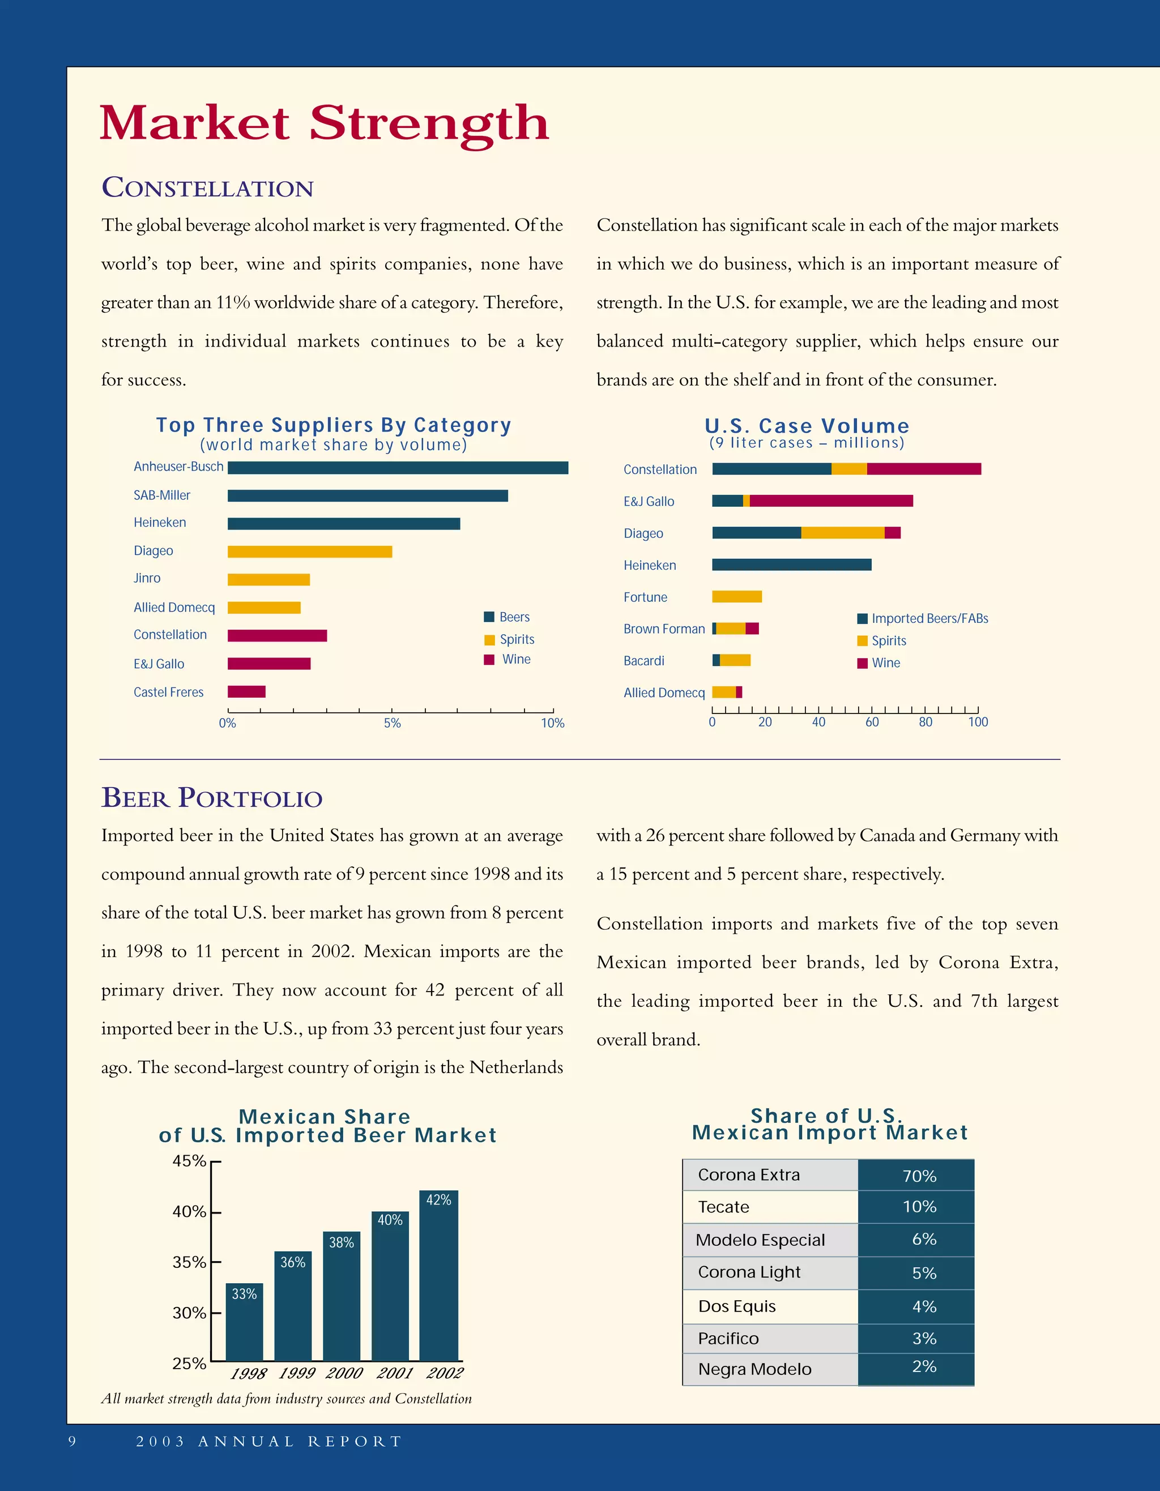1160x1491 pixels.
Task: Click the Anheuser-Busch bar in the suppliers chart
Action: click(x=398, y=468)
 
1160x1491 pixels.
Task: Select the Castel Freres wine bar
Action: click(x=246, y=691)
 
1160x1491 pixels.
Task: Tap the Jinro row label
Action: click(x=147, y=578)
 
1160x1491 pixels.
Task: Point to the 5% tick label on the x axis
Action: click(x=392, y=724)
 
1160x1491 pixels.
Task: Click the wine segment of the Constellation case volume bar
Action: click(x=923, y=469)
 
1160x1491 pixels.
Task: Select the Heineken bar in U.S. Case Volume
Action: click(x=791, y=565)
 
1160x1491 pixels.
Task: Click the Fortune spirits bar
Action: click(x=737, y=597)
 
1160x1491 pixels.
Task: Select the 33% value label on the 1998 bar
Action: click(x=244, y=1295)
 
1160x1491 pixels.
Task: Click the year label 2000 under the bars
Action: click(x=344, y=1373)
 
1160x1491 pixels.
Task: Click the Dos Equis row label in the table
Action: click(x=737, y=1306)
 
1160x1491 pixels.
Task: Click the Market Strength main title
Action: click(x=325, y=123)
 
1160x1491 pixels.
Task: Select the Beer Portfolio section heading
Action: click(x=212, y=797)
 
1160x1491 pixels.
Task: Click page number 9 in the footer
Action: click(x=72, y=1441)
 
